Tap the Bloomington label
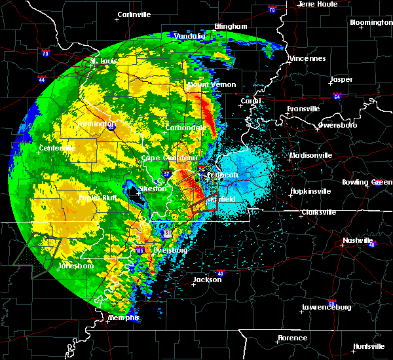371,22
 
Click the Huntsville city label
368,346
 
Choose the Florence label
291,338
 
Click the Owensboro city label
337,124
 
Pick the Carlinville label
134,14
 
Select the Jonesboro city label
74,266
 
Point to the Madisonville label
311,155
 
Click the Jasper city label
341,79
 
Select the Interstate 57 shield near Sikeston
168,174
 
